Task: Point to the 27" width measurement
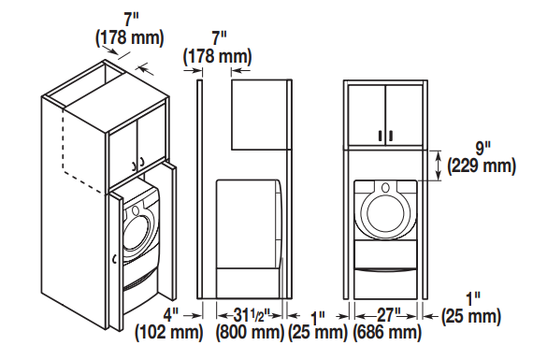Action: click(x=386, y=314)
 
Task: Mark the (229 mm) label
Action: click(x=483, y=166)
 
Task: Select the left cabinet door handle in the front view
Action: click(x=381, y=137)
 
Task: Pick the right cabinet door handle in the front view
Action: click(x=391, y=137)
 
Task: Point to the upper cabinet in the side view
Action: click(x=259, y=114)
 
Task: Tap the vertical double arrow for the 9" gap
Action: click(x=438, y=166)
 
